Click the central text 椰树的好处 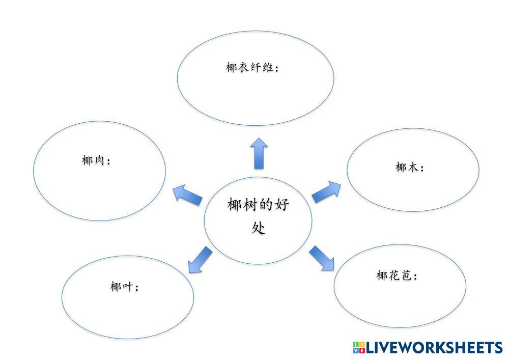click(258, 216)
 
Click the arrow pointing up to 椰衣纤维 click(259, 153)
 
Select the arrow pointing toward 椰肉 click(187, 195)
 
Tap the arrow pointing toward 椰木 click(326, 191)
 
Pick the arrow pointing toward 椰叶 click(199, 259)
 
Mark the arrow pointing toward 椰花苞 click(322, 258)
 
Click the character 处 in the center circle click(258, 227)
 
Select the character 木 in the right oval click(414, 167)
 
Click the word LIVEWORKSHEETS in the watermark click(434, 348)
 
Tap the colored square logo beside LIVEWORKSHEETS click(358, 348)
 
